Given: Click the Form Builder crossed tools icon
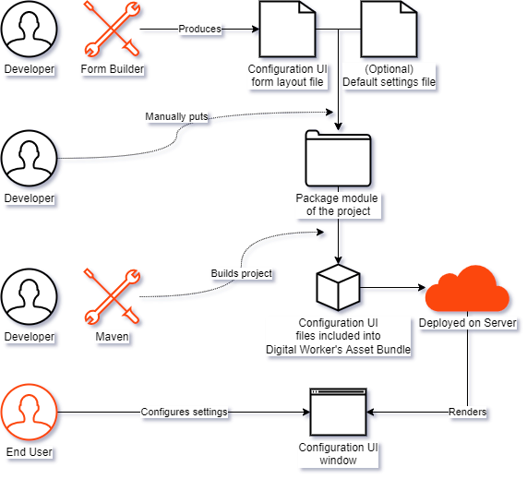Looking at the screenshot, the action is coord(112,30).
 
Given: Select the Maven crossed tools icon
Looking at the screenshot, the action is coord(112,297).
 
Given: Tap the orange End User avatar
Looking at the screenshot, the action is coord(30,413).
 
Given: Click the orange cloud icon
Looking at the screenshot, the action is coord(468,288).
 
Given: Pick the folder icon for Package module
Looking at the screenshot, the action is coord(338,159).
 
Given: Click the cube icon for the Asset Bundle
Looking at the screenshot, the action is coord(338,288).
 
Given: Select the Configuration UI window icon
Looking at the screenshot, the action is coord(338,413).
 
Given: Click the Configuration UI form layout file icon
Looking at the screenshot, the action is coord(287,30).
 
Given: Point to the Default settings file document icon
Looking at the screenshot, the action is coord(389,30).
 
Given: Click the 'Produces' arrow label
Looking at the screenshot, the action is coord(199,29).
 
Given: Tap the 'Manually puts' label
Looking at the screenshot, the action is coord(176,116).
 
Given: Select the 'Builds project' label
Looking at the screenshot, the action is coord(241,273).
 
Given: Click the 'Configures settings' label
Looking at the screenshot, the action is coord(184,412).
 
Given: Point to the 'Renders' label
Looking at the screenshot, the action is coord(468,412).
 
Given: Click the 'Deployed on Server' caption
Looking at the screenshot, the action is coord(468,323).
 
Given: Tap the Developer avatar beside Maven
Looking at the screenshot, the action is coord(30,297).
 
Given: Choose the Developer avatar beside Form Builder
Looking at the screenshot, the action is coord(30,30).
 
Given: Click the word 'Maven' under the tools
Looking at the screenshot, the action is coord(112,337).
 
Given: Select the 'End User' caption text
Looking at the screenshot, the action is coord(30,452).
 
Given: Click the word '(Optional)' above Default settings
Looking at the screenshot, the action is coord(389,69).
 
